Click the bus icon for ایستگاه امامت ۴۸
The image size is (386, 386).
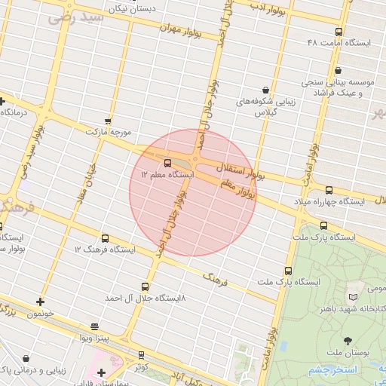point(339,32)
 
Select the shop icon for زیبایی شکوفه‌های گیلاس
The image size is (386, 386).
point(265,90)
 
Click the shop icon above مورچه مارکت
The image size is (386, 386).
point(109,121)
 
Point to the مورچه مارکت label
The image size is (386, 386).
point(109,132)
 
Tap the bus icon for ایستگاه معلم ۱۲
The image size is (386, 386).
point(167,163)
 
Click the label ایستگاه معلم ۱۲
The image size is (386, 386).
point(167,175)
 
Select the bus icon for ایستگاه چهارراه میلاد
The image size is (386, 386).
point(329,191)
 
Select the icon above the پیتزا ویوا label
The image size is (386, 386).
point(94,326)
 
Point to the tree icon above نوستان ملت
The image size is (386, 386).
point(348,342)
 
